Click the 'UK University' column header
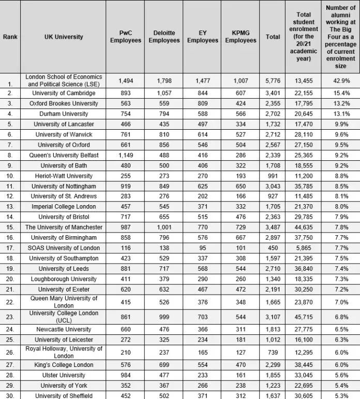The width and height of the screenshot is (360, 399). (64, 37)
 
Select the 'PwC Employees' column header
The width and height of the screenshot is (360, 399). (126, 37)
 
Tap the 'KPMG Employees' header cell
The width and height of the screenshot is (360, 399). (241, 37)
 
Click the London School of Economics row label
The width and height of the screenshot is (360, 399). (64, 80)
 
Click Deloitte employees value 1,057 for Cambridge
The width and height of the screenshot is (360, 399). (164, 93)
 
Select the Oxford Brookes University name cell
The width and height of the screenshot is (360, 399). (64, 103)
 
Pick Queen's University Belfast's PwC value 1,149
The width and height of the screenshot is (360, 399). (126, 155)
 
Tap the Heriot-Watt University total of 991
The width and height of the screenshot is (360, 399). (273, 176)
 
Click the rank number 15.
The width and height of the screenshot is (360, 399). (10, 227)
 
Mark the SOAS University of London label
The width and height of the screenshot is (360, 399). (64, 248)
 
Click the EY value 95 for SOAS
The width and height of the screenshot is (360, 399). (202, 248)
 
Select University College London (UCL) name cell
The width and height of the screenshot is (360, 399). (64, 317)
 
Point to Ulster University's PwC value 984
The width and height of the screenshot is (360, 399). (126, 375)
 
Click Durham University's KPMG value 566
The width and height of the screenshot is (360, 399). (241, 114)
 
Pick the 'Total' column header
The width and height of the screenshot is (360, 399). (273, 37)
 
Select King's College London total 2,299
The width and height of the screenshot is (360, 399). (273, 365)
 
